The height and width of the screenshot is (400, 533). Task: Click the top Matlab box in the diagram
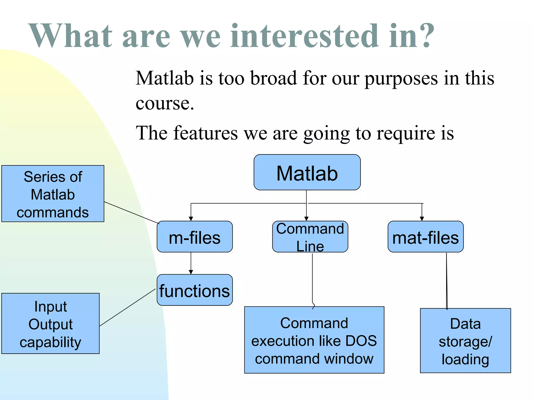click(x=307, y=172)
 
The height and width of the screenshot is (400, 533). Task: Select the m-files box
click(x=194, y=237)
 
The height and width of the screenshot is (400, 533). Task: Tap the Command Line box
click(x=310, y=237)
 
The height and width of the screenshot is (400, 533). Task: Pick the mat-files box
click(x=426, y=237)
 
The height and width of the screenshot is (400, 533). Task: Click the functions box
click(x=194, y=290)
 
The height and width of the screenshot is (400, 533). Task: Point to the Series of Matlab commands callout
click(x=53, y=194)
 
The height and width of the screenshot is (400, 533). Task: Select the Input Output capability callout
click(x=50, y=323)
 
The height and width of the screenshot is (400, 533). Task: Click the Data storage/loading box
click(x=465, y=341)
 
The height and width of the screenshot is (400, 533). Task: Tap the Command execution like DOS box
click(x=314, y=340)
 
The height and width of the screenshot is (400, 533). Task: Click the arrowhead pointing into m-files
click(x=191, y=219)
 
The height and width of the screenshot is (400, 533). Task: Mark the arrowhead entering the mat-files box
click(x=422, y=219)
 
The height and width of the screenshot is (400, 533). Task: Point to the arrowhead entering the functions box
click(x=191, y=272)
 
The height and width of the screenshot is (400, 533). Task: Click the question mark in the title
click(x=427, y=36)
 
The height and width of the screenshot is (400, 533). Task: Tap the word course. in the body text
click(x=165, y=103)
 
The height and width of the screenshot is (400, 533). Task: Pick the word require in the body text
click(x=406, y=133)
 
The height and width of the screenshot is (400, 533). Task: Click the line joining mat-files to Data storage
click(x=447, y=281)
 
